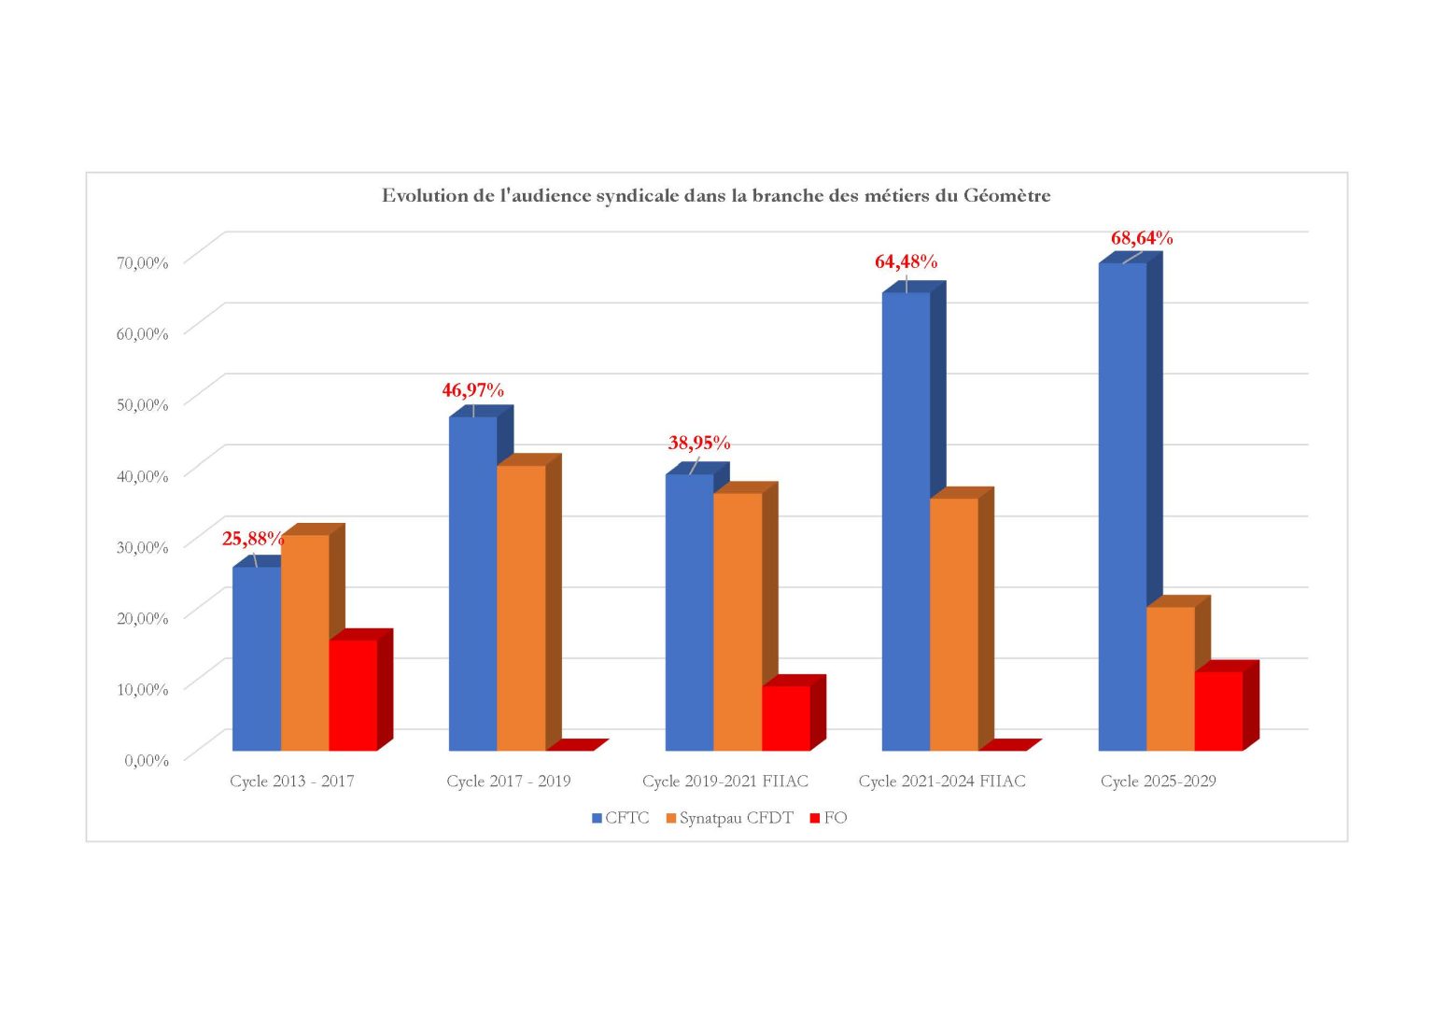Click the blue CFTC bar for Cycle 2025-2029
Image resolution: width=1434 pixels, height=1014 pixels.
(1122, 504)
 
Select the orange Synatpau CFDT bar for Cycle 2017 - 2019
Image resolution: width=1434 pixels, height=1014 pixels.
(521, 607)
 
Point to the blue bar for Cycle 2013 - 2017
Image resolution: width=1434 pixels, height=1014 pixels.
(257, 658)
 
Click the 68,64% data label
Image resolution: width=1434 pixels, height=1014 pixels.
(1142, 238)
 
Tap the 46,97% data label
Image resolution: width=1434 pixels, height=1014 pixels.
(472, 390)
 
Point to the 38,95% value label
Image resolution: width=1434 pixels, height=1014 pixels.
(698, 444)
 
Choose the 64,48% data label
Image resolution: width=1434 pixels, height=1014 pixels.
(906, 262)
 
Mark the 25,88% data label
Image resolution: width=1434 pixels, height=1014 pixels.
(252, 539)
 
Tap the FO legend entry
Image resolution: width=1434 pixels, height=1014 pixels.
(835, 818)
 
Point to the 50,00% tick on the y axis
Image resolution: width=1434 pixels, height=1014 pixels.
(142, 404)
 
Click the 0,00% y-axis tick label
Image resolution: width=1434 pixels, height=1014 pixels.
(147, 760)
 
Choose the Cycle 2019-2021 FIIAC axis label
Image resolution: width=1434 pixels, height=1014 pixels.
(725, 782)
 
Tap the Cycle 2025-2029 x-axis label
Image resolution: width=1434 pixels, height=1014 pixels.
(1158, 782)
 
